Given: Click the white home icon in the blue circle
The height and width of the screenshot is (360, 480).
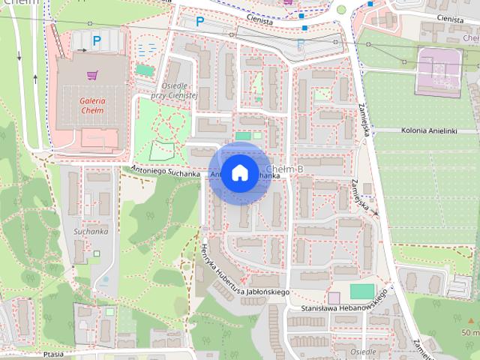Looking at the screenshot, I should (239, 173).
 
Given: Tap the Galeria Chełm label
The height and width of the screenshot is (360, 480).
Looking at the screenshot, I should (92, 107).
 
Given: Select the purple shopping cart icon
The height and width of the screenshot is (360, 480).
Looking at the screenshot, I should (92, 75).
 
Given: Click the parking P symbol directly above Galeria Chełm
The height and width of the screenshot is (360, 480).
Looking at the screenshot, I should (96, 40).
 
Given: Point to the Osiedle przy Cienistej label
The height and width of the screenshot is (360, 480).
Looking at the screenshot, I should (172, 91).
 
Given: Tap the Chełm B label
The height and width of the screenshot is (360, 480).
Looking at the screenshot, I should (284, 169).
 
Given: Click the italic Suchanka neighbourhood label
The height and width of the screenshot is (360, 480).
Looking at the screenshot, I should (91, 232).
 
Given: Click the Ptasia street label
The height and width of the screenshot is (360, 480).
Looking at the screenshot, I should (54, 353).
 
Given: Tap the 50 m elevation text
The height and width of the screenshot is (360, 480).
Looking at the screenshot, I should (470, 332).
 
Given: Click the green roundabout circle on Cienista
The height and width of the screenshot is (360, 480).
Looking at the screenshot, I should (341, 10).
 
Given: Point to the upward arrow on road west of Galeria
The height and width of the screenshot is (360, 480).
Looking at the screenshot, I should (36, 76).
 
